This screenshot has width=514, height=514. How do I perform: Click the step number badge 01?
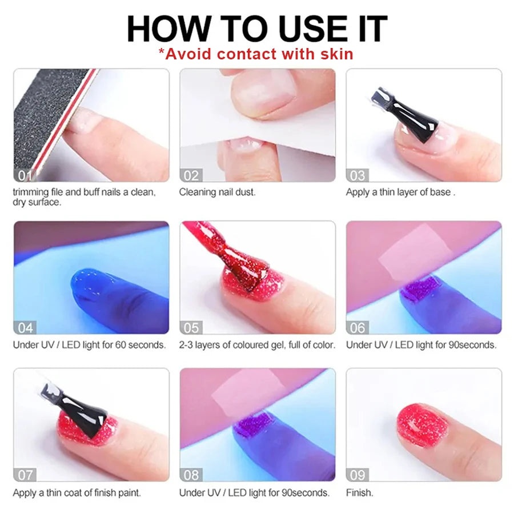(24, 175)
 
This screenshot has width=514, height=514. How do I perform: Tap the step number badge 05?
(191, 327)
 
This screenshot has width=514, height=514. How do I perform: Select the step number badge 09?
(358, 475)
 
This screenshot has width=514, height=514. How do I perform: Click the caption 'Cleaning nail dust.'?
(217, 192)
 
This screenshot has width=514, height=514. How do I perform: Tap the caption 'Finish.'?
(359, 492)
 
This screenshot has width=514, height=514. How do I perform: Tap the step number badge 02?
(191, 175)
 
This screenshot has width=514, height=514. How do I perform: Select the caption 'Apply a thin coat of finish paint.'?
(77, 492)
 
